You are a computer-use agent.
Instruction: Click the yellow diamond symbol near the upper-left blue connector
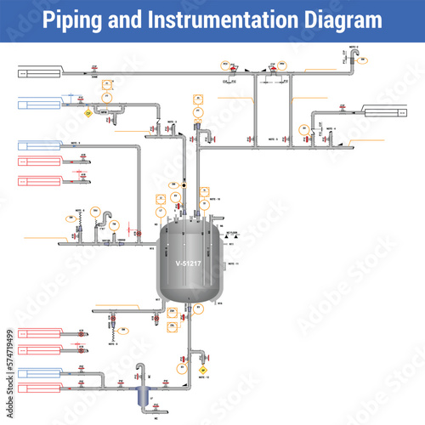pyautogui.click(x=88, y=111)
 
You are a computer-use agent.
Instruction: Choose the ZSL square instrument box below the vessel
pyautogui.click(x=173, y=326)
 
